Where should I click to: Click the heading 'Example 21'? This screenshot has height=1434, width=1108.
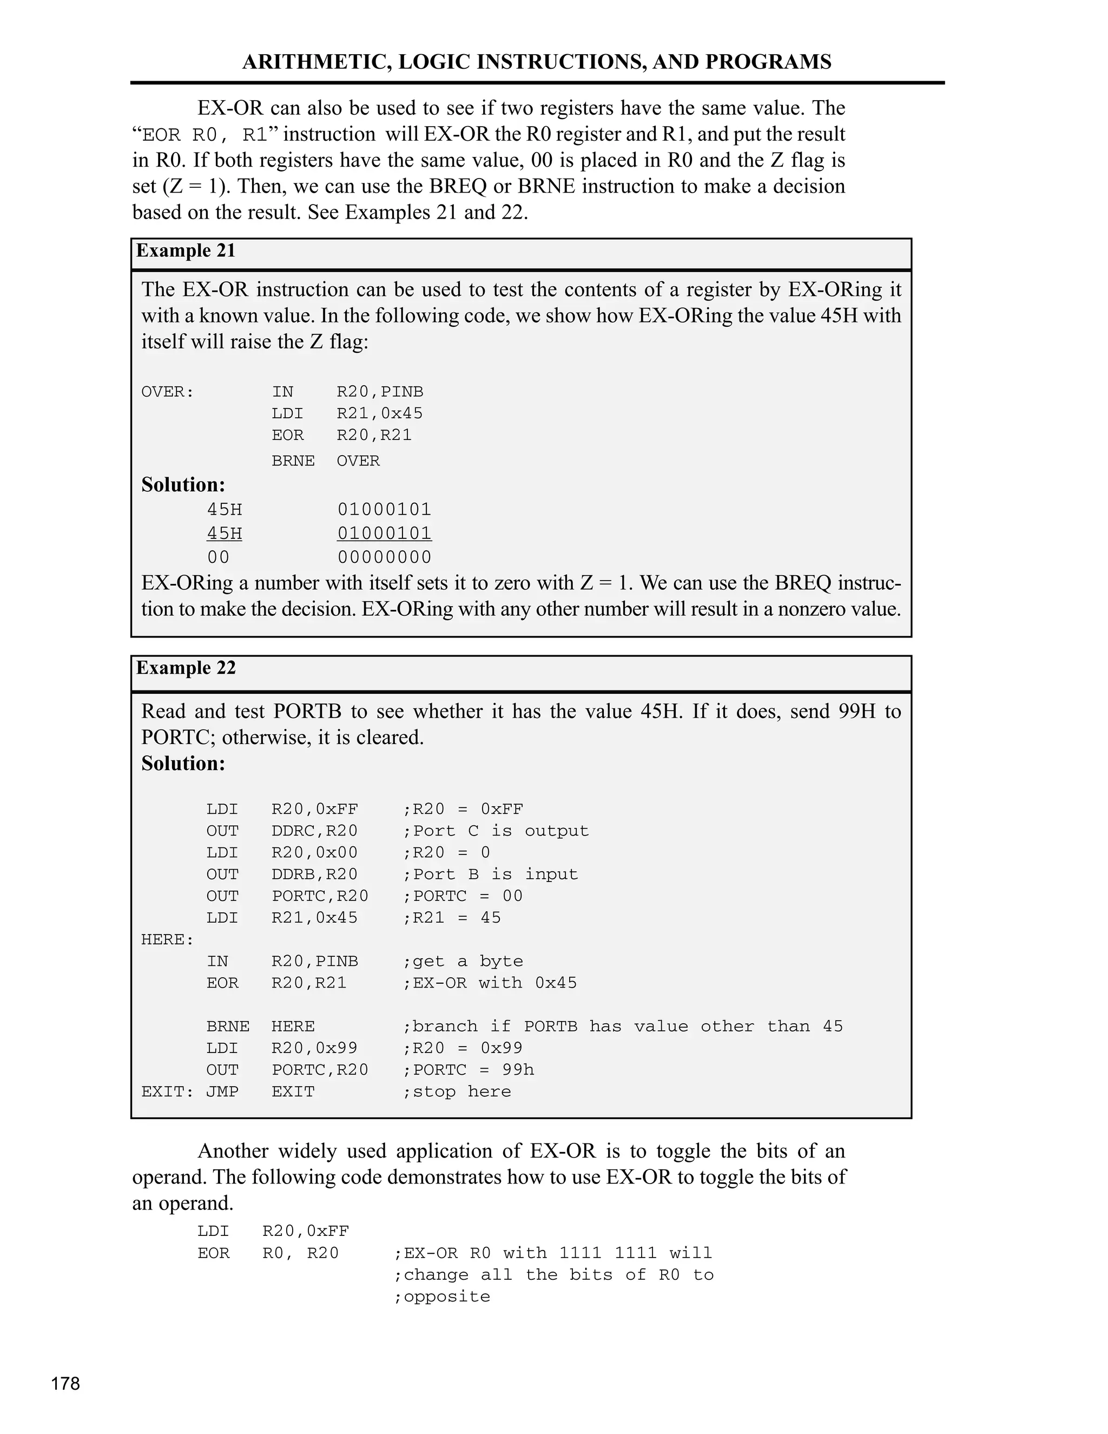tap(186, 251)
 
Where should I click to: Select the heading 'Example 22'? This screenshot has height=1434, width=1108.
tap(186, 668)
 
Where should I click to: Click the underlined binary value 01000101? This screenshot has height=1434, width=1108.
tap(384, 533)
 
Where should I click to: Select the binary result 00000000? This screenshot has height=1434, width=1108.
tap(384, 557)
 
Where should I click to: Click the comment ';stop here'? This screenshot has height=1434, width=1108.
tap(456, 1091)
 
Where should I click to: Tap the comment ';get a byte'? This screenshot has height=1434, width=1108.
tap(463, 961)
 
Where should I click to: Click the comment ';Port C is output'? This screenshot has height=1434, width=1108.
tap(496, 831)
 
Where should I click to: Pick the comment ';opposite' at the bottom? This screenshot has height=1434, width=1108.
tap(442, 1297)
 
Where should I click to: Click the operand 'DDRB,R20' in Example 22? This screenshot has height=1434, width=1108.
tap(314, 874)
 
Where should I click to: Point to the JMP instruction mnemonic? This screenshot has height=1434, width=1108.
tap(222, 1091)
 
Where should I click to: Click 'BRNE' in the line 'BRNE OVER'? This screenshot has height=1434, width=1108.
tap(293, 461)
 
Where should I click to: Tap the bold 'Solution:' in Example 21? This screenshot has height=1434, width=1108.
tap(183, 484)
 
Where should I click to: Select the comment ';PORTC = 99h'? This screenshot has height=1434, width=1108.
tap(469, 1070)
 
